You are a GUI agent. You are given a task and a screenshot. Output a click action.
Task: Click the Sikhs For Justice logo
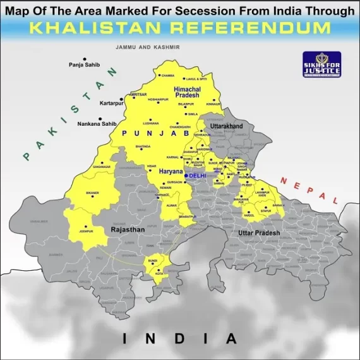click(321, 64)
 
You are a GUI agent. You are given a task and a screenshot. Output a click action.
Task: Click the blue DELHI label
click(198, 175)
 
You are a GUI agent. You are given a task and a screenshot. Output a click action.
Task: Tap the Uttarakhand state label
click(226, 126)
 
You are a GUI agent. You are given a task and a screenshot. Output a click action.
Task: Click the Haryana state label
click(170, 171)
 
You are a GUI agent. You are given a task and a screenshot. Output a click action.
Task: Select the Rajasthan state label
click(128, 230)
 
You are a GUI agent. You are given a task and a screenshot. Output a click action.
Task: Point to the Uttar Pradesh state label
click(259, 234)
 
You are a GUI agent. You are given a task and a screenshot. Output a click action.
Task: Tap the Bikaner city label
click(93, 191)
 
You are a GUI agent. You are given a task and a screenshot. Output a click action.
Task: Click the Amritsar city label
click(138, 94)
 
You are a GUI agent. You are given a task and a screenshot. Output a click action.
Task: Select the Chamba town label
click(167, 75)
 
